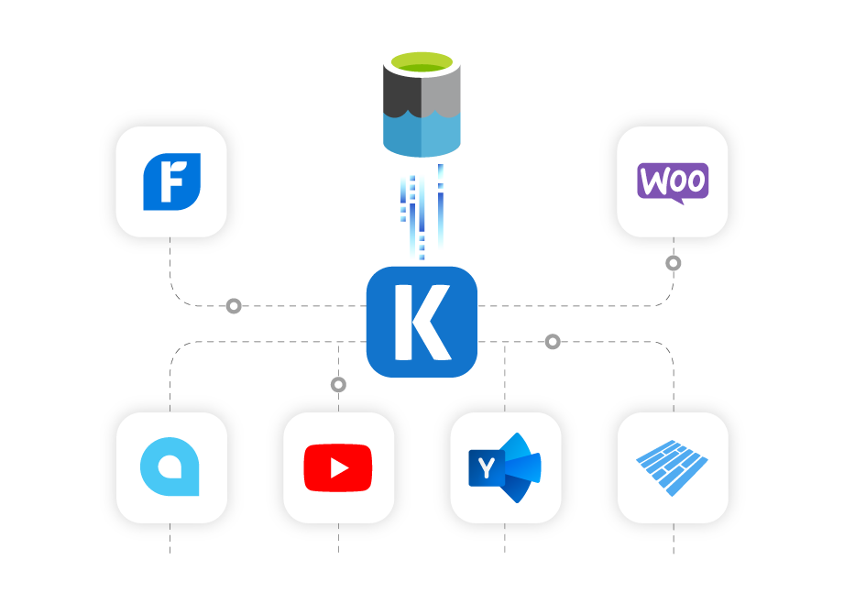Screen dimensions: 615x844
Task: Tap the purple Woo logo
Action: (673, 181)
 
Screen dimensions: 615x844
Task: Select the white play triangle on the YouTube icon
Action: (339, 468)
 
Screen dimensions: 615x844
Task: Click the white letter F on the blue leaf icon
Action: (170, 181)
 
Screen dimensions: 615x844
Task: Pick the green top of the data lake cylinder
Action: (422, 62)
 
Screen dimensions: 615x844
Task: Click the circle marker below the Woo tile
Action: (674, 263)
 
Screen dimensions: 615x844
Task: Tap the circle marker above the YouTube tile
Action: (338, 385)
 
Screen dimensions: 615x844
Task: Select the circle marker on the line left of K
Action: (234, 306)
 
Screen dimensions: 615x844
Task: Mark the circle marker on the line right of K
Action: (553, 342)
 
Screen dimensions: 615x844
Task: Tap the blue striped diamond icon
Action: (673, 467)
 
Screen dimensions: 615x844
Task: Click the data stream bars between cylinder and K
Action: (422, 215)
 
